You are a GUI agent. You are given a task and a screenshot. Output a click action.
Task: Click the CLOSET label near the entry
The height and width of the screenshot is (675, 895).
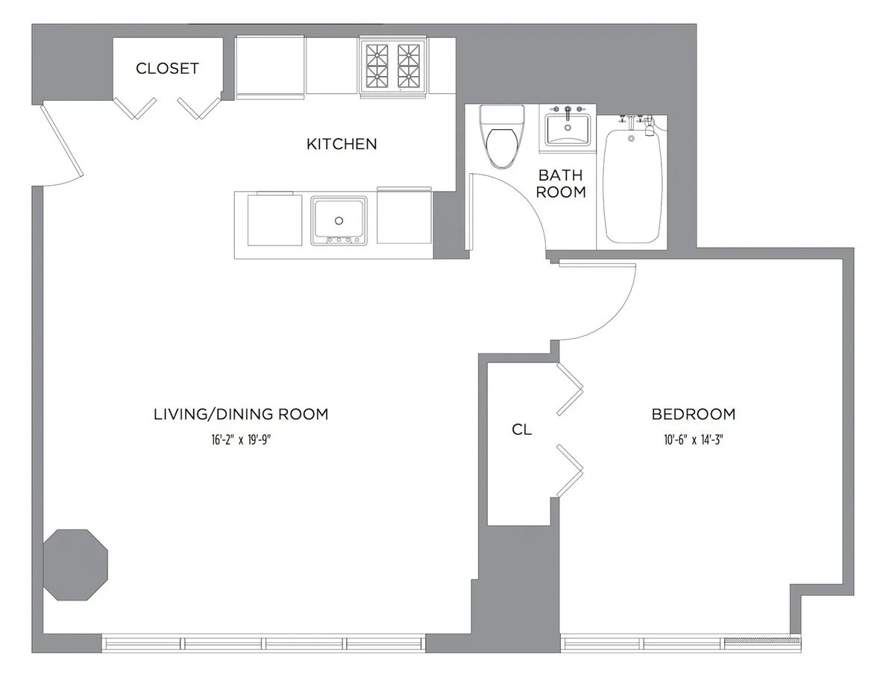click(x=167, y=69)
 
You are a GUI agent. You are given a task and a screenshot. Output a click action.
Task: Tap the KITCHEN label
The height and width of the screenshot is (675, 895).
click(x=342, y=144)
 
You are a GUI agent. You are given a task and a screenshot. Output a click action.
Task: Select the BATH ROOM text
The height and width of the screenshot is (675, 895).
click(x=562, y=183)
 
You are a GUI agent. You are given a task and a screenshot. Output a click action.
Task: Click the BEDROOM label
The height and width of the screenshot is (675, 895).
click(x=693, y=414)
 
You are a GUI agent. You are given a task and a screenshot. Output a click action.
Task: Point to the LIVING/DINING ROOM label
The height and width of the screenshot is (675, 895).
click(x=240, y=414)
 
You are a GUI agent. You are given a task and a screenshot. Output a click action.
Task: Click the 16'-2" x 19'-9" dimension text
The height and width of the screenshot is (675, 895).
click(x=239, y=440)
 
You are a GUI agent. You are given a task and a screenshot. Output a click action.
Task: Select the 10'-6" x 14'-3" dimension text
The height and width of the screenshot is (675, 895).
click(x=693, y=440)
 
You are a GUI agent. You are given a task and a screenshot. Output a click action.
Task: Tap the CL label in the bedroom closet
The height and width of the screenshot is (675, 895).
click(x=522, y=430)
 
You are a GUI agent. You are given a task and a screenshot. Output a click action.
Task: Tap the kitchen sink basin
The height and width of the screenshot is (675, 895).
click(x=339, y=218)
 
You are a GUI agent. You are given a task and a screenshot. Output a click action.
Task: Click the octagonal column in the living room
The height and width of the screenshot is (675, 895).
click(x=75, y=564)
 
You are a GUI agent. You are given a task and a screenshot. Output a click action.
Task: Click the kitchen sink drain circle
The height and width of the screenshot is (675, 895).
click(x=339, y=221)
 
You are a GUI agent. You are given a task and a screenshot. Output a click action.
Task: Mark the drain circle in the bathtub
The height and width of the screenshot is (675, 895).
click(x=631, y=139)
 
